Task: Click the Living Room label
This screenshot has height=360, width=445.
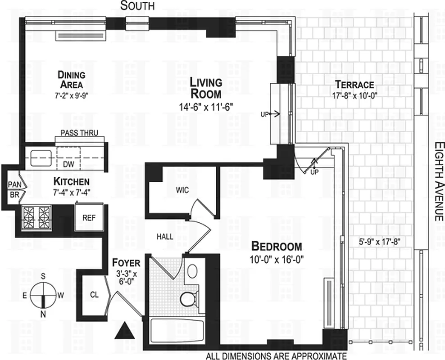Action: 205,88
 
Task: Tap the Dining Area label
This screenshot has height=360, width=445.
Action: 71,79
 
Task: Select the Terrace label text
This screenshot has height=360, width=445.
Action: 354,84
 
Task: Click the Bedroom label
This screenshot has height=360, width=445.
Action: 276,247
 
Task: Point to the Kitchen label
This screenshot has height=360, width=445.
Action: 71,182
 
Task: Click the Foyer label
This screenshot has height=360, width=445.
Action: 126,263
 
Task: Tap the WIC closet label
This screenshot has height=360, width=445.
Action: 182,190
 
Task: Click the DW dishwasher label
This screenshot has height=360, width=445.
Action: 68,164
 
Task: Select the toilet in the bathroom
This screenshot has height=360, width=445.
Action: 188,297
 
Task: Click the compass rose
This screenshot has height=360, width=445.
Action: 43,295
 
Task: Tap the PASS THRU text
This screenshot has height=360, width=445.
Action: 79,133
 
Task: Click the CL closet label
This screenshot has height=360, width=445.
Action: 94,295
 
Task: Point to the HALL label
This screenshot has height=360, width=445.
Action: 165,236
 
